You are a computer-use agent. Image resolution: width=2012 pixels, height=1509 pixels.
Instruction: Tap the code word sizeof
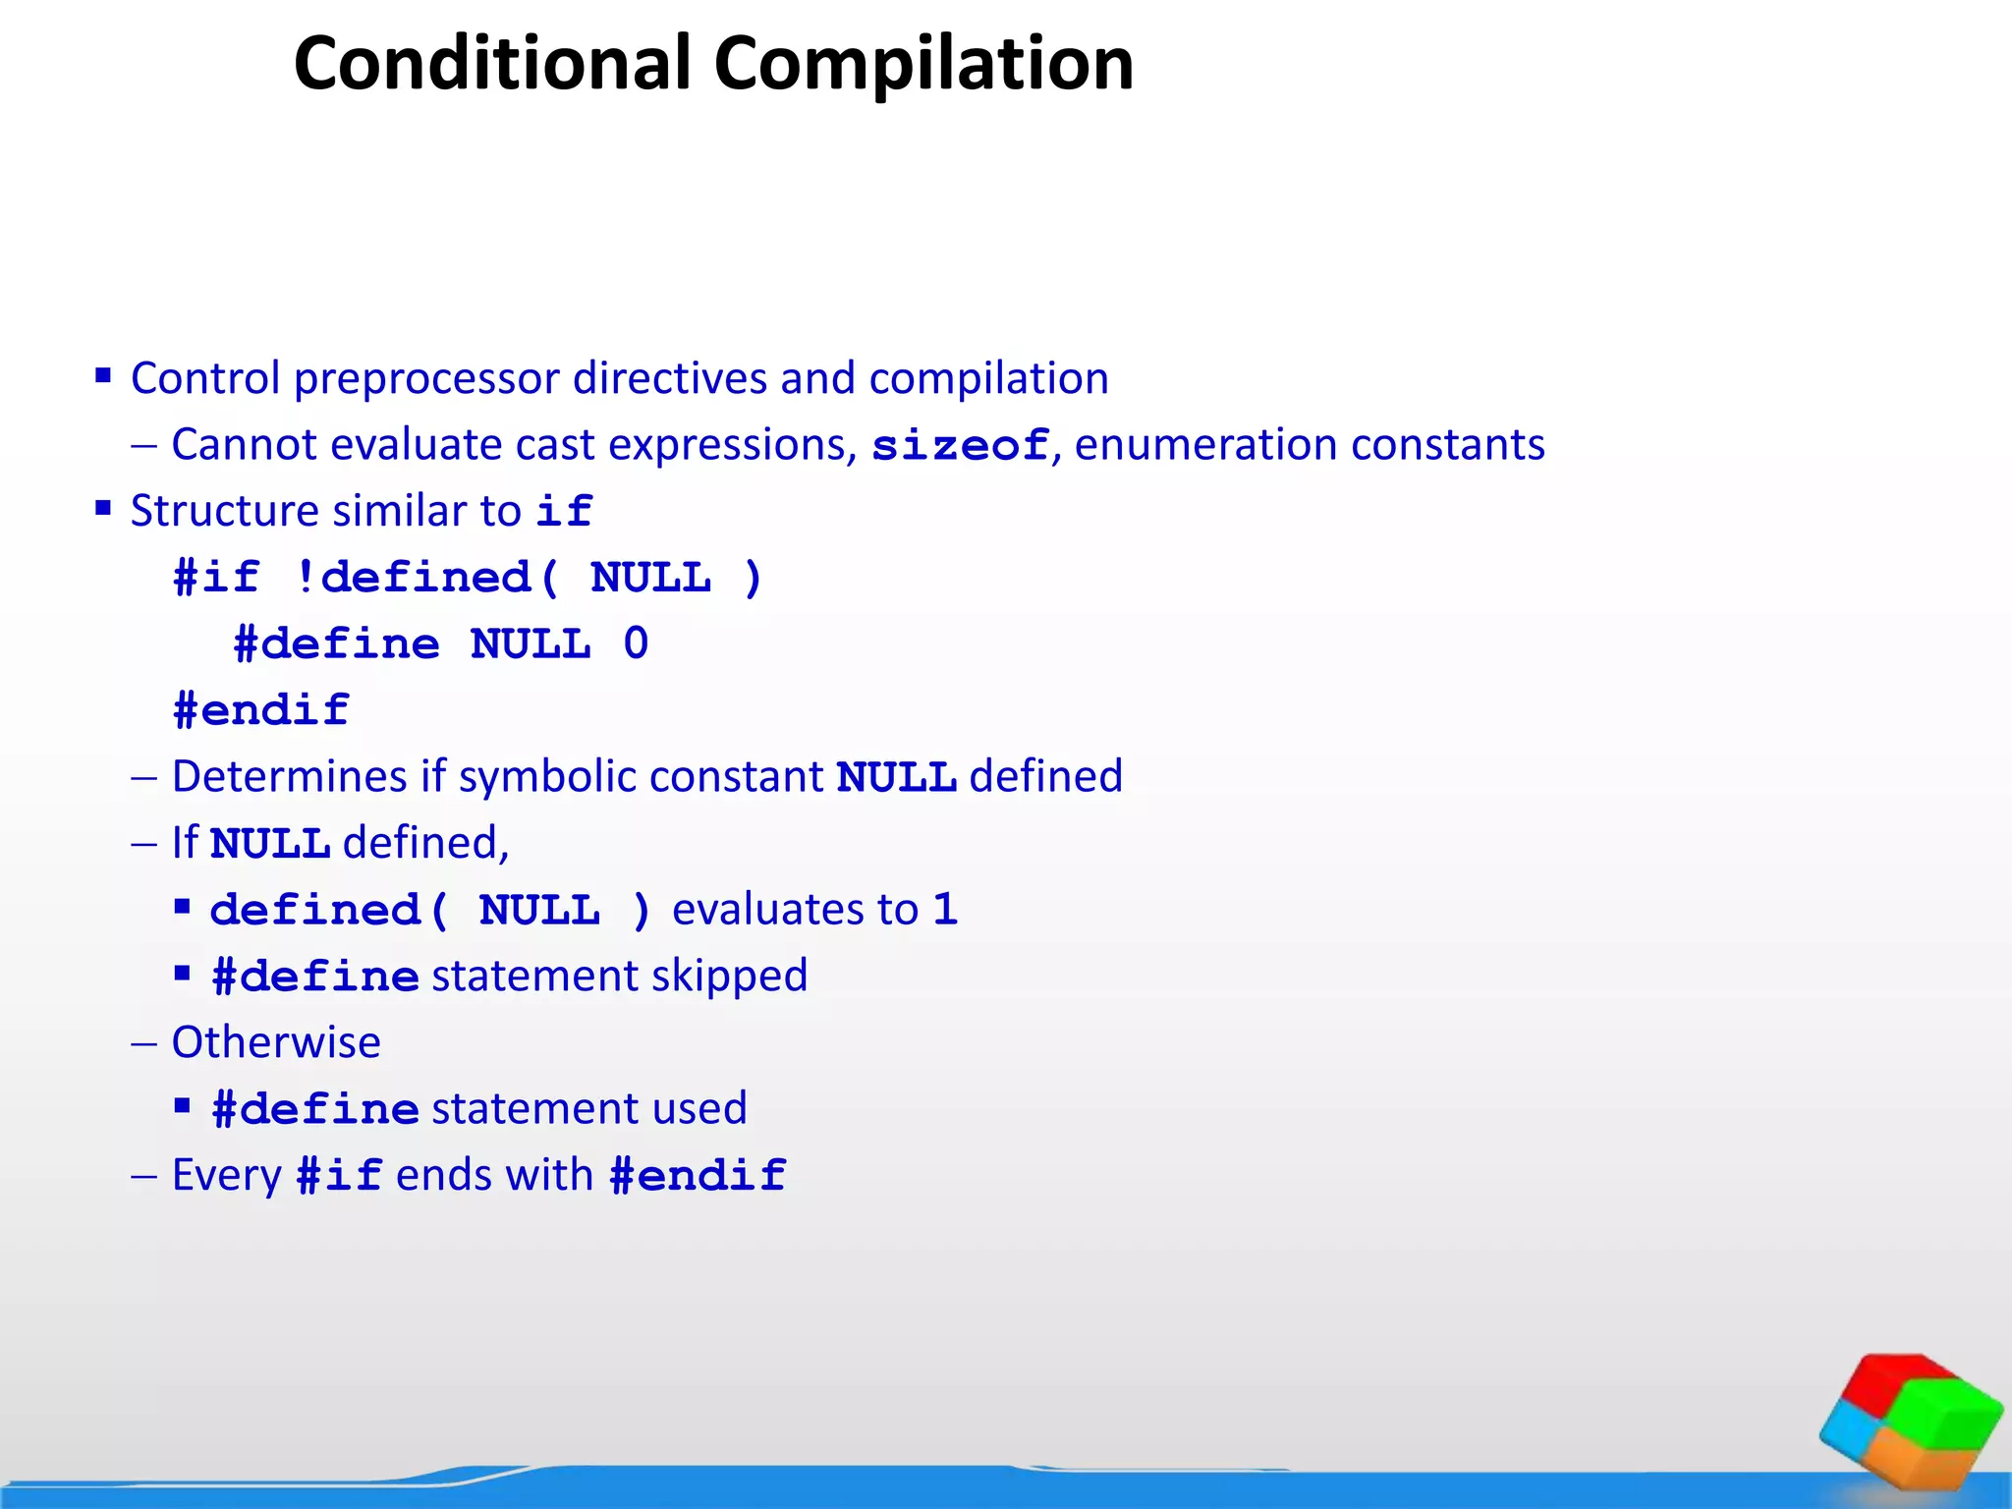[x=960, y=445]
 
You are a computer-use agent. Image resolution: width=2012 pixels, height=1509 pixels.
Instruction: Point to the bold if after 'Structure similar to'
[x=564, y=512]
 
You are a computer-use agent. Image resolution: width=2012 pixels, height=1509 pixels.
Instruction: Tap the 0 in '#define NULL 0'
[x=636, y=644]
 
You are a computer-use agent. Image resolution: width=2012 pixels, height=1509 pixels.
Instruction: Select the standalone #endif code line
[x=261, y=710]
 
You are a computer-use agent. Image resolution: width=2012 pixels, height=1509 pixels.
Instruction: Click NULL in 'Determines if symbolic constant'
[x=896, y=777]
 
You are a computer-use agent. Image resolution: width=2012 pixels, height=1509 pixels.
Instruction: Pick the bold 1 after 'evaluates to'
[x=945, y=910]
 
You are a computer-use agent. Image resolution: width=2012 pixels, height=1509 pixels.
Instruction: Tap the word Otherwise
[x=276, y=1042]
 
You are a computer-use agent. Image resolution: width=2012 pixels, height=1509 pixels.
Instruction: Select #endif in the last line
[x=698, y=1176]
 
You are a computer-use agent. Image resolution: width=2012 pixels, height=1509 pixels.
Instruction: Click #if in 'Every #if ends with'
[x=339, y=1176]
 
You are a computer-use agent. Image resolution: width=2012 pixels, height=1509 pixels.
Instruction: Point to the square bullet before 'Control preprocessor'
[x=103, y=375]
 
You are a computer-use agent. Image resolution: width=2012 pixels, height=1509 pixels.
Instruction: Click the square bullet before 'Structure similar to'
[x=103, y=508]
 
